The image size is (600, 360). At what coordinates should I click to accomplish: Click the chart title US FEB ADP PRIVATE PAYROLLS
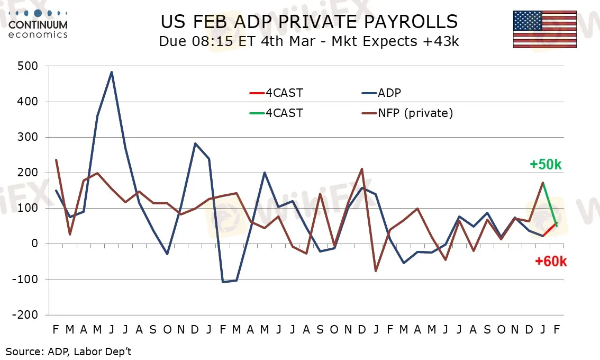(x=309, y=22)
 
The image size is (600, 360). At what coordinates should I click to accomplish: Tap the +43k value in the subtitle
(x=440, y=42)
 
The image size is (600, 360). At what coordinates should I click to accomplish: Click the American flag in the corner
(x=544, y=29)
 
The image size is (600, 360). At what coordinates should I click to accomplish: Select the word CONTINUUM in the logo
(x=38, y=24)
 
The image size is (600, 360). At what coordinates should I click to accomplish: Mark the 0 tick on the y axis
(x=35, y=244)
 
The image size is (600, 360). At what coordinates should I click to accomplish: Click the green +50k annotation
(x=546, y=165)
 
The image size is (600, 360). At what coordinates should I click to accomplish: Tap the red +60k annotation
(x=551, y=261)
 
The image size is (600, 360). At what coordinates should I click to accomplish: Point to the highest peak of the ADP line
(x=112, y=72)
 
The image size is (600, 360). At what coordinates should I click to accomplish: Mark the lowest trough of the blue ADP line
(x=223, y=282)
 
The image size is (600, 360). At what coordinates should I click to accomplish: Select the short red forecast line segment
(x=550, y=229)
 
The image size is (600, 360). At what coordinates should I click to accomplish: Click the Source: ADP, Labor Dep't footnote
(x=69, y=350)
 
